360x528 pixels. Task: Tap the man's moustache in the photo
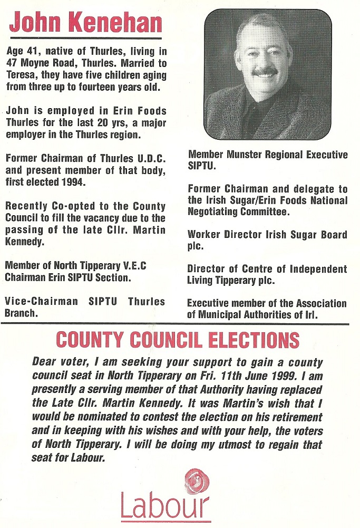[265, 71]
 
